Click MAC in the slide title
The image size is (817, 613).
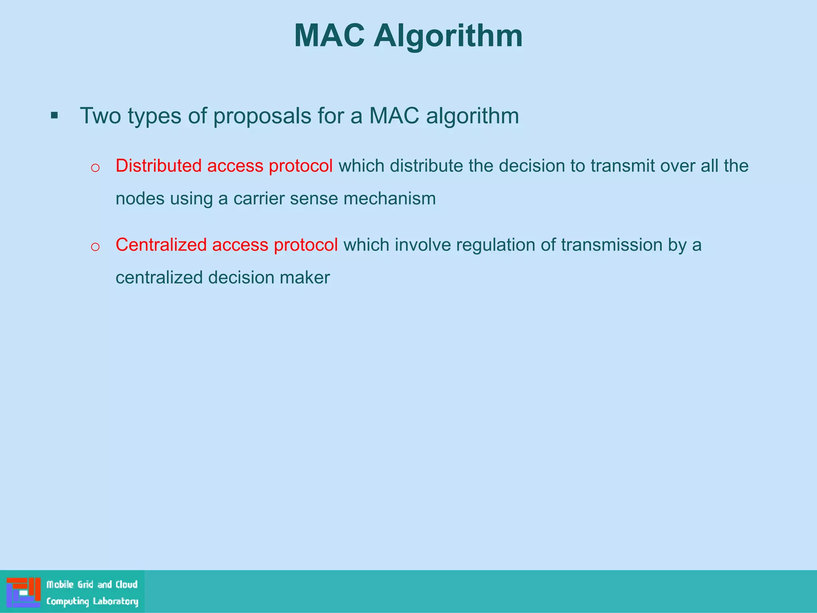(329, 36)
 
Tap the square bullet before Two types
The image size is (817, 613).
(55, 116)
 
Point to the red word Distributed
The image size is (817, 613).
(158, 166)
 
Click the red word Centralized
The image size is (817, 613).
(161, 245)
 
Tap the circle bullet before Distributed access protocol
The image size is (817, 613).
(95, 168)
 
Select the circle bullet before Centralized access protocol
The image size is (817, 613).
(95, 247)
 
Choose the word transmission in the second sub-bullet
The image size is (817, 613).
(612, 245)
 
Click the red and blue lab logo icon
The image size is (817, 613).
(24, 592)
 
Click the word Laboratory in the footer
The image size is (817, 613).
(116, 601)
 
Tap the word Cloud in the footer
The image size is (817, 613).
(126, 585)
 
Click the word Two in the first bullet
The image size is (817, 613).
(100, 116)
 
